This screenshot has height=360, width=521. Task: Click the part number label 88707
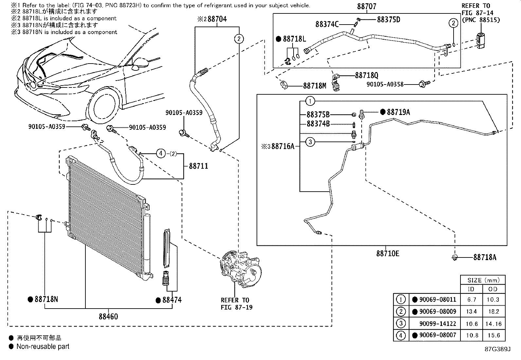[x=367, y=7]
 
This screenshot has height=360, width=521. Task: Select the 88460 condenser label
[x=108, y=316]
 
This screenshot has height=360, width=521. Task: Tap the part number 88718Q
[x=367, y=76]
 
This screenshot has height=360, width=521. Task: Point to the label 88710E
[x=387, y=254]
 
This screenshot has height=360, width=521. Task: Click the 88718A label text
[x=485, y=257]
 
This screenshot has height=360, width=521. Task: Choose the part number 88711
[x=198, y=166]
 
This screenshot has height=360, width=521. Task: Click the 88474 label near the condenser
[x=172, y=300]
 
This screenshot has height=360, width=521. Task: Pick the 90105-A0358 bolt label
[x=385, y=84]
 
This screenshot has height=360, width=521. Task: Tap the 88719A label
[x=398, y=112]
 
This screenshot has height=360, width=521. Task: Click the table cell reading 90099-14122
[x=438, y=324]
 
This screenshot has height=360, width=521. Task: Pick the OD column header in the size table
[x=493, y=289]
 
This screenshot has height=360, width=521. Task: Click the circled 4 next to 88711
[x=161, y=153]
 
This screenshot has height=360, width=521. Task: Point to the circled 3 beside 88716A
[x=310, y=142]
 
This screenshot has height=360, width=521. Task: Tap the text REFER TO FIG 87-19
[x=235, y=304]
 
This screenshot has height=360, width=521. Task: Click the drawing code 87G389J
[x=498, y=349]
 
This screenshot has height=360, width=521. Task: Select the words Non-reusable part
[x=43, y=346]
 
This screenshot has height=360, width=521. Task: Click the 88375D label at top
[x=388, y=20]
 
